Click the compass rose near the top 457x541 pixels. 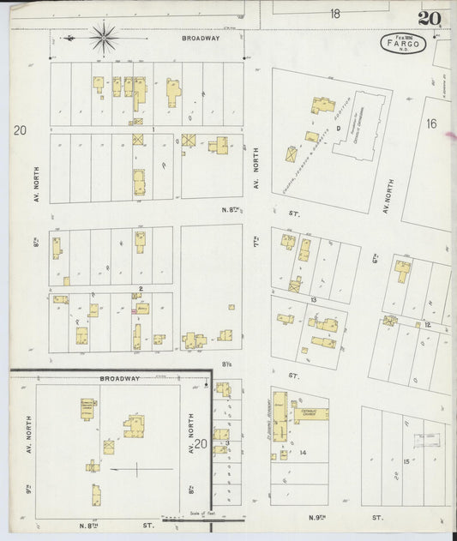click(103, 37)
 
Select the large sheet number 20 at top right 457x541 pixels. click(430, 19)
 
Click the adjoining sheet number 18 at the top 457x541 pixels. click(334, 13)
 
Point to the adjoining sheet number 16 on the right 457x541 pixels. click(431, 123)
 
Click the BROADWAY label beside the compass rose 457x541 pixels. click(201, 39)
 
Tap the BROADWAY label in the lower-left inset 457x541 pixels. click(119, 378)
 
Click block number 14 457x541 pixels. click(303, 452)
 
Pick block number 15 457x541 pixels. click(406, 462)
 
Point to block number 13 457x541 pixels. click(314, 299)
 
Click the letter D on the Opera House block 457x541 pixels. click(339, 129)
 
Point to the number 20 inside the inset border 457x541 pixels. click(201, 443)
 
